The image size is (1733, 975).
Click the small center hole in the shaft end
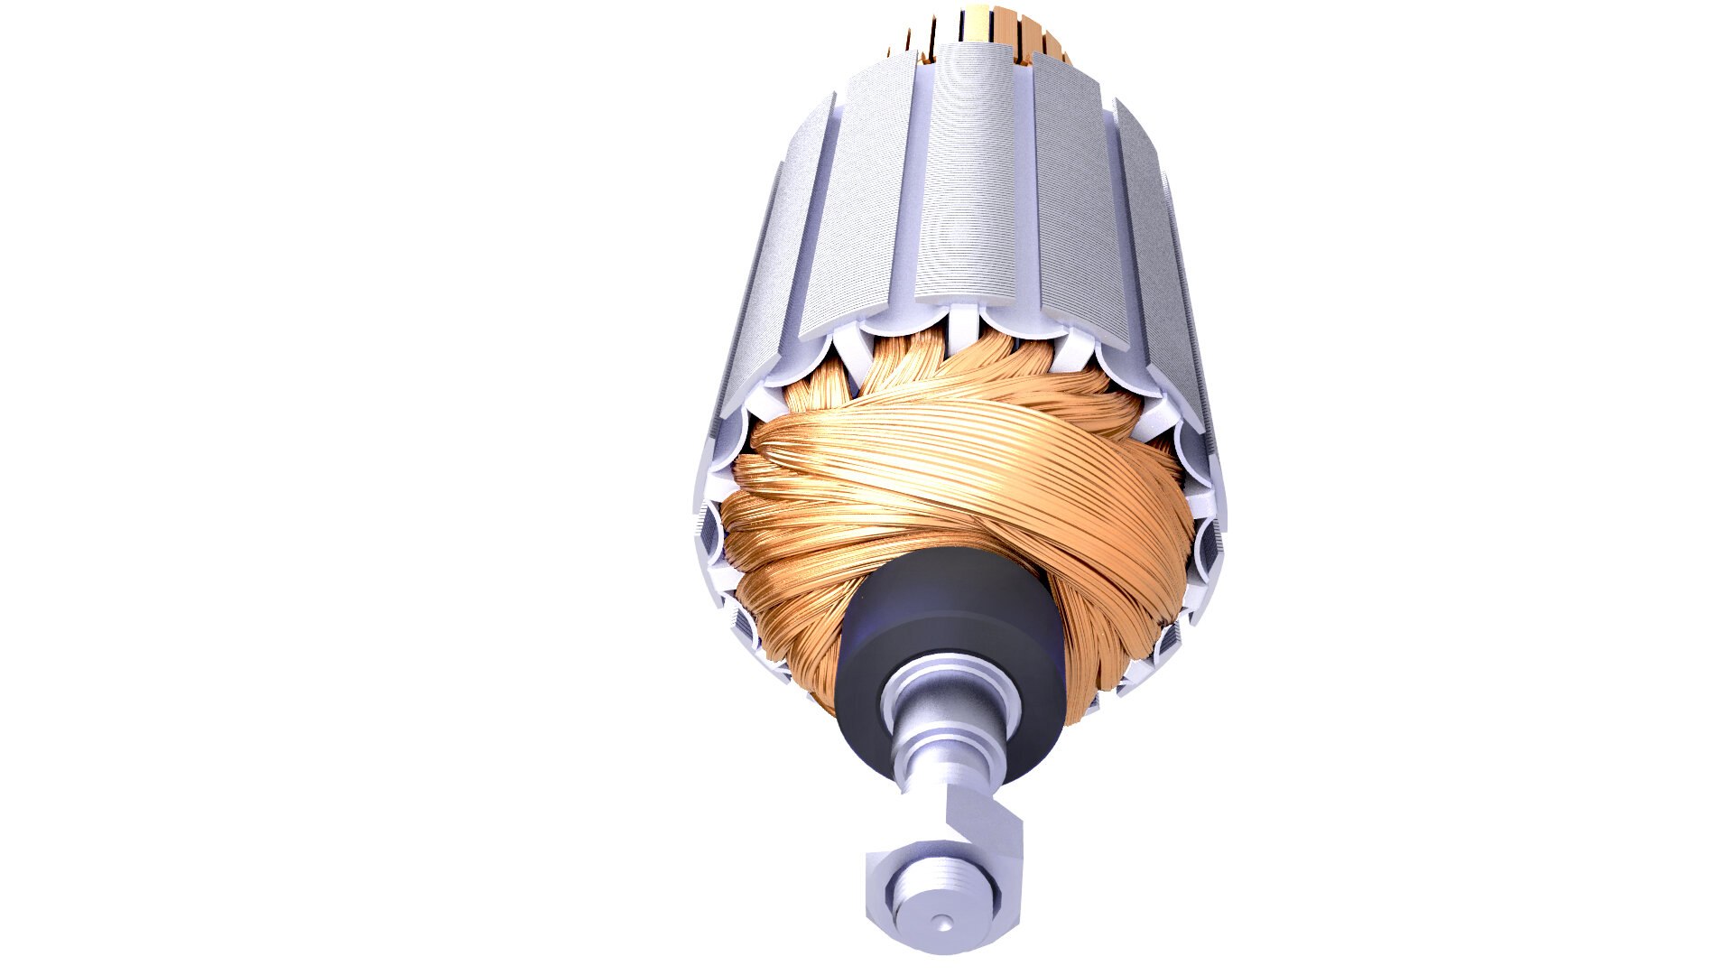941,922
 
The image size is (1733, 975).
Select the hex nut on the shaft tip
889,894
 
